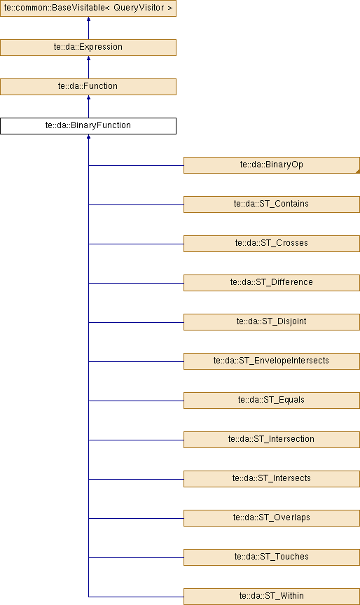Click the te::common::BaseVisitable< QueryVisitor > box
[x=88, y=8]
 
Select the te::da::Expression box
[x=88, y=48]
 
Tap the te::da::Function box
[x=88, y=87]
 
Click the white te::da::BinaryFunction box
[x=88, y=126]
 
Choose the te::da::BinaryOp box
[x=272, y=165]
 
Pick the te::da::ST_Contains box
[x=272, y=204]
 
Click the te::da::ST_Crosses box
[x=272, y=244]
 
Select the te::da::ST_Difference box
[x=272, y=283]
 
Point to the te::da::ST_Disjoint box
[x=272, y=322]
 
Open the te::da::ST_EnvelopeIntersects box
[x=272, y=361]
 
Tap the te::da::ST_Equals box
[x=272, y=401]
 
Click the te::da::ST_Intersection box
[x=272, y=440]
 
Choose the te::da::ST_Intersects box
[x=272, y=479]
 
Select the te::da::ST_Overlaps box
[x=272, y=518]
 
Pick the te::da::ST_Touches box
[x=272, y=557]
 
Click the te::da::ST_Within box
[x=272, y=597]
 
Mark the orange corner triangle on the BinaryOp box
[x=358, y=172]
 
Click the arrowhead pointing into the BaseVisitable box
[x=88, y=19]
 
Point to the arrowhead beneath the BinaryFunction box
[x=88, y=137]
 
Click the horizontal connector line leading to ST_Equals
[x=136, y=401]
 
